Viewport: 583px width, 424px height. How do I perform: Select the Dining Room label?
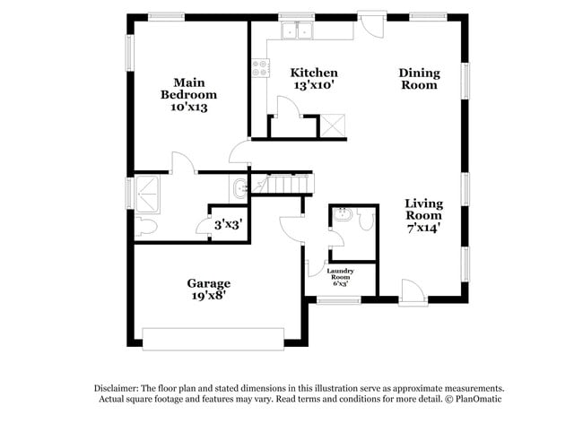point(419,79)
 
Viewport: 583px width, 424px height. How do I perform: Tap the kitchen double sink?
point(297,32)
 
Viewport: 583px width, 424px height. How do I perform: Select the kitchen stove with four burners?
point(261,67)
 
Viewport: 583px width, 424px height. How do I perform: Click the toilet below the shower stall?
point(145,228)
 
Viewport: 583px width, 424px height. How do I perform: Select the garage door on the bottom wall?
point(213,338)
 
